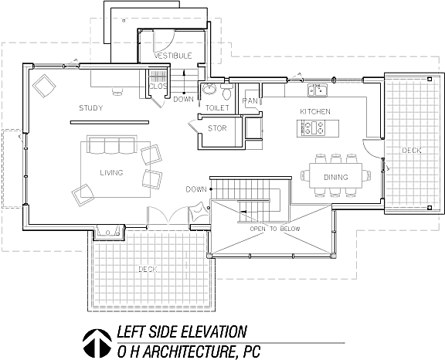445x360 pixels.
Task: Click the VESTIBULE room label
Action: tap(173, 56)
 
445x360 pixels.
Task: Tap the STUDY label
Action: tap(91, 108)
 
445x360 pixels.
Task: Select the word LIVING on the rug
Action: tap(111, 172)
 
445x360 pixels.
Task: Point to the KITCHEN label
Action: tap(315, 111)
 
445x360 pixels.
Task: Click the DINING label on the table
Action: tap(336, 178)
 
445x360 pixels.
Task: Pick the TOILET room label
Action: tap(217, 108)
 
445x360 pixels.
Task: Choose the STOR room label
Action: tap(217, 128)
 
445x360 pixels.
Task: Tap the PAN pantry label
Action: tap(250, 101)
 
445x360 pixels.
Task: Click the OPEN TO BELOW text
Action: tap(275, 229)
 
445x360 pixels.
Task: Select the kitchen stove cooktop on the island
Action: tap(311, 128)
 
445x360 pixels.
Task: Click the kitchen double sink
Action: tap(318, 90)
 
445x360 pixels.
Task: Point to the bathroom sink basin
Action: tap(209, 90)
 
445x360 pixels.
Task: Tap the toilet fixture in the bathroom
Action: tap(227, 91)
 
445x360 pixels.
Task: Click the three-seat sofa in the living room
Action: tap(112, 144)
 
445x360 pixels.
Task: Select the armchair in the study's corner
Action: tap(44, 86)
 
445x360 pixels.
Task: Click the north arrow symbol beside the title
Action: tap(97, 343)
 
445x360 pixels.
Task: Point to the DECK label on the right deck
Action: tap(412, 151)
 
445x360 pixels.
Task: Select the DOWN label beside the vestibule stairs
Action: tap(183, 100)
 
